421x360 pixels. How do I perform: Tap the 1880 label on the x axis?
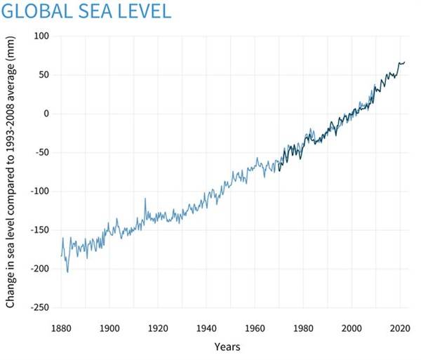coord(61,328)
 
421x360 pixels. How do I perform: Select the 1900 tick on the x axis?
coord(109,328)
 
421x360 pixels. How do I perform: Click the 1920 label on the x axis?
coord(157,328)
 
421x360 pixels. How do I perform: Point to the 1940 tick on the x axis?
coord(206,328)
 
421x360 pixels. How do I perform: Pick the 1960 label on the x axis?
coord(255,328)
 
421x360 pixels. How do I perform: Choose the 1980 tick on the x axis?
coord(303,328)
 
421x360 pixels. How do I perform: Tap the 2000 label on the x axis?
coord(352,328)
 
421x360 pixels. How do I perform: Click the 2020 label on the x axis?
coord(400,328)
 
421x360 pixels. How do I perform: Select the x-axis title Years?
coord(229,347)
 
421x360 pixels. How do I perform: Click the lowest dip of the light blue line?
coord(67,272)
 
